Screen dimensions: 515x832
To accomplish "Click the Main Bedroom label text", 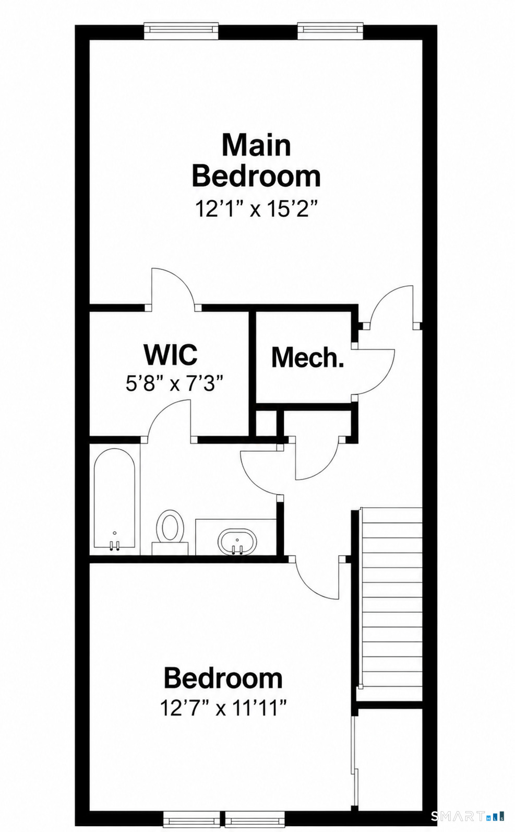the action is [x=256, y=161].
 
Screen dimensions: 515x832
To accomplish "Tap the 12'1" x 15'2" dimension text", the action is [x=257, y=209].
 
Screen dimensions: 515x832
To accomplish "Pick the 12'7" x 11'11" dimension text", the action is [x=224, y=708].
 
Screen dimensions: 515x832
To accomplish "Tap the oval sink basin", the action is [x=237, y=542].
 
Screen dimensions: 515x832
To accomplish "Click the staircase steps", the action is [x=392, y=599].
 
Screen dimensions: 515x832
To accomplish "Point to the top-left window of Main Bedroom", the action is [x=181, y=31].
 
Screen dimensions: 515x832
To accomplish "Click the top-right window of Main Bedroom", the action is [x=330, y=31].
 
